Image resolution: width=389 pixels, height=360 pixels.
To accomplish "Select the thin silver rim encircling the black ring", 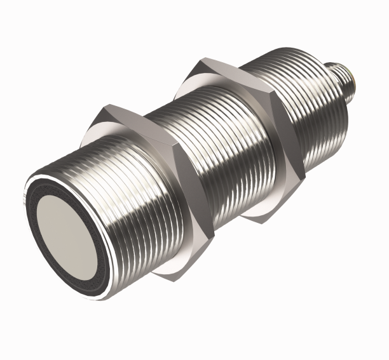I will tap(30, 197).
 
